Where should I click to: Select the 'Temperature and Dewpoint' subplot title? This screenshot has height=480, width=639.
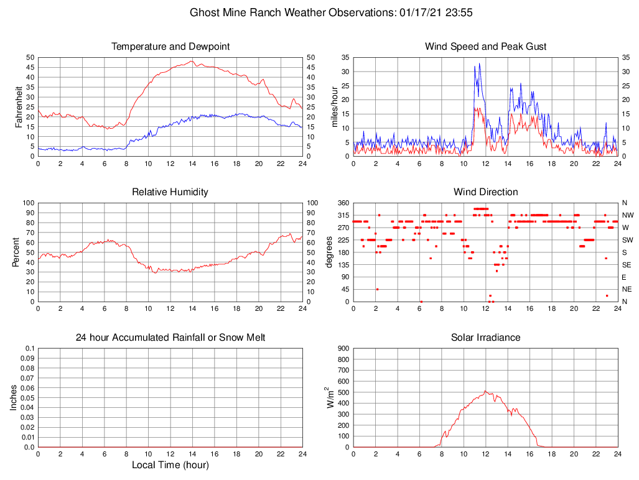(x=170, y=47)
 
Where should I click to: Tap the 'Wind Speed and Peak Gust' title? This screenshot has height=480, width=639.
(x=485, y=47)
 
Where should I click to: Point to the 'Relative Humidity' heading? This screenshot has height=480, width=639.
(x=170, y=192)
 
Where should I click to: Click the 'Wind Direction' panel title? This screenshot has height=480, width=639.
(x=485, y=192)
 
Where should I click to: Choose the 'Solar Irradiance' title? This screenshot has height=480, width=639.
(x=485, y=338)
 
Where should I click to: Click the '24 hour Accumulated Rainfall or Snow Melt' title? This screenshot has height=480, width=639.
(x=170, y=338)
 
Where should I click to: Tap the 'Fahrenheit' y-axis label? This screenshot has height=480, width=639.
(x=19, y=106)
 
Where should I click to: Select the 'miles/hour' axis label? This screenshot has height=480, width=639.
(x=335, y=106)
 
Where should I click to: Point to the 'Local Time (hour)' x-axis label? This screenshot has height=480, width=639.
(x=170, y=465)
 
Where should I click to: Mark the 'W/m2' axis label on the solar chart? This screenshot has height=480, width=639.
(x=331, y=397)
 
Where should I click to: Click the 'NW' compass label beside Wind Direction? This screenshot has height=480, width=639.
(x=627, y=215)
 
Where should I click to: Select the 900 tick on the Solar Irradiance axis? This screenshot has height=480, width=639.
(x=343, y=348)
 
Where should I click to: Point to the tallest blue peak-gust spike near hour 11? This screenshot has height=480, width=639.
(x=479, y=63)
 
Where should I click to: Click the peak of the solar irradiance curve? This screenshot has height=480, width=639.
(x=485, y=391)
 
